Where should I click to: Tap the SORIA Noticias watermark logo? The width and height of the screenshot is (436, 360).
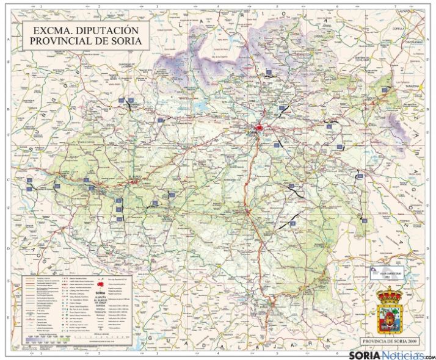point(391,355)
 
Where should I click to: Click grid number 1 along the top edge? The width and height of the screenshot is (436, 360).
point(40,7)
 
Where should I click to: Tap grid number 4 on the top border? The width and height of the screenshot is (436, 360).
point(216,7)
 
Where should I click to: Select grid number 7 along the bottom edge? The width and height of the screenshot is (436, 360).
point(395,353)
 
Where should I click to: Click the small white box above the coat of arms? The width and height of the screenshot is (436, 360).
point(389,274)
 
